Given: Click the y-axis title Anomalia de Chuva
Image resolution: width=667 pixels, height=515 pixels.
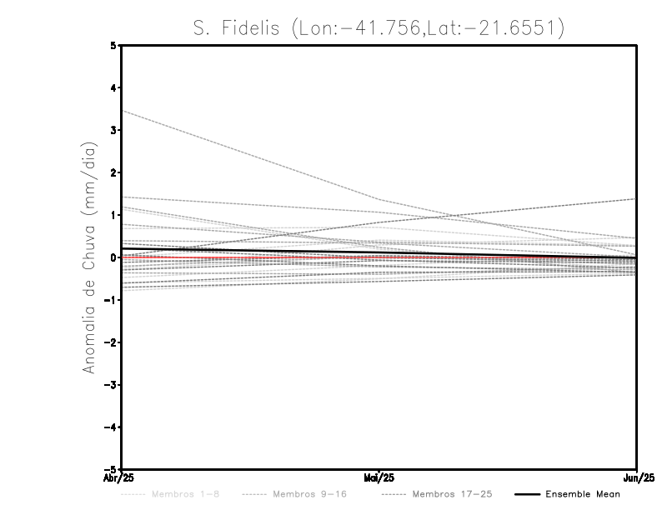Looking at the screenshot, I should point(89,257).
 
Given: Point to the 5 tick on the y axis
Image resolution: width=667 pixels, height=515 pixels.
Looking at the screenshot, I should point(113,46).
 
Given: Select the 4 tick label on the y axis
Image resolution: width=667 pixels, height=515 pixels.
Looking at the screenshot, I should point(113,88).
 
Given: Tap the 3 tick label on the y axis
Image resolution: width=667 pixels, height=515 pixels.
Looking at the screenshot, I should point(113,131).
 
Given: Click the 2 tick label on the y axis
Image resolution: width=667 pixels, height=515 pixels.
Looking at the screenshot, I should point(113,172).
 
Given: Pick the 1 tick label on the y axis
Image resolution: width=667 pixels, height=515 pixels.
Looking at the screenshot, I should point(113,215).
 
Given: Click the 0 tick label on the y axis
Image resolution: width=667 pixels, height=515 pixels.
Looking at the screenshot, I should point(113,257).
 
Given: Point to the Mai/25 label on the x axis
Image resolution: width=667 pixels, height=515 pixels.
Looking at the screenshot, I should point(379,478).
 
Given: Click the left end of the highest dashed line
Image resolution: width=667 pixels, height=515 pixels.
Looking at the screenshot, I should point(123,111).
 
